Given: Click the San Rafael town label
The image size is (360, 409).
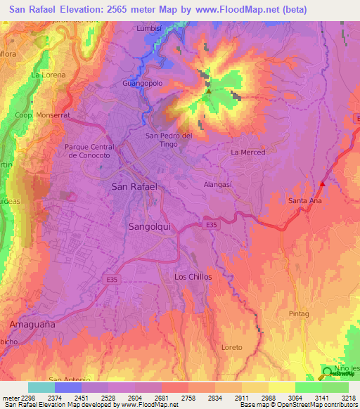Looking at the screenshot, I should [x=134, y=187].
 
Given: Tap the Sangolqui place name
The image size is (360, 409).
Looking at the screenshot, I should [x=151, y=227].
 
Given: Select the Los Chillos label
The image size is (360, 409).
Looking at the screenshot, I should [x=193, y=278].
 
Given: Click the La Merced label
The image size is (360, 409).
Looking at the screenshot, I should [x=247, y=152].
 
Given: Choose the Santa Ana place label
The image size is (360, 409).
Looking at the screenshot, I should [x=305, y=201].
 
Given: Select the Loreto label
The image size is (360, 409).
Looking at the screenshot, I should [x=231, y=348].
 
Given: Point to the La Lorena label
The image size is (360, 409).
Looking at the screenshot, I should [x=49, y=74].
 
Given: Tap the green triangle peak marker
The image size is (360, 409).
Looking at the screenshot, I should [x=208, y=91].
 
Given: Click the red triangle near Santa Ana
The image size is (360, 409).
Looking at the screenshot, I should [x=322, y=184].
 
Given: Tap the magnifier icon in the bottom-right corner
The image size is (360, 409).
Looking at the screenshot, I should [x=328, y=373].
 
